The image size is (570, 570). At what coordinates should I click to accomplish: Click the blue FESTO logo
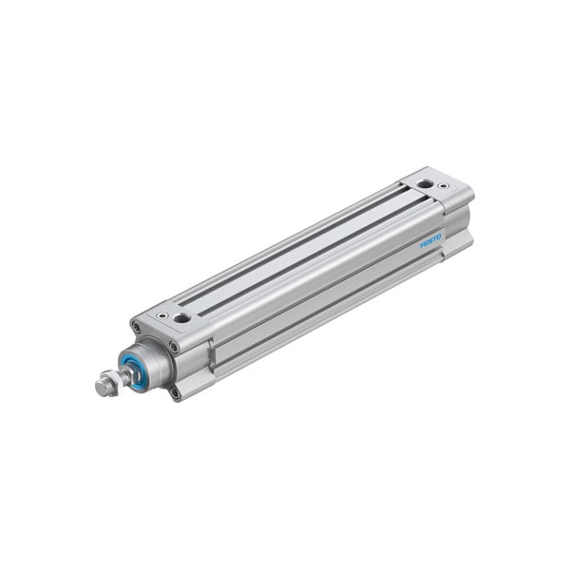431,241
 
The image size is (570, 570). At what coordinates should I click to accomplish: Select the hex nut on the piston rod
105,385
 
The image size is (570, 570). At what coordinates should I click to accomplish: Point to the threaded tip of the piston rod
98,389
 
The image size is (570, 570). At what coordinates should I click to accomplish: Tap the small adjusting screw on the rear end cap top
442,186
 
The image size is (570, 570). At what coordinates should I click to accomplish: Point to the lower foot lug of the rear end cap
459,247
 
